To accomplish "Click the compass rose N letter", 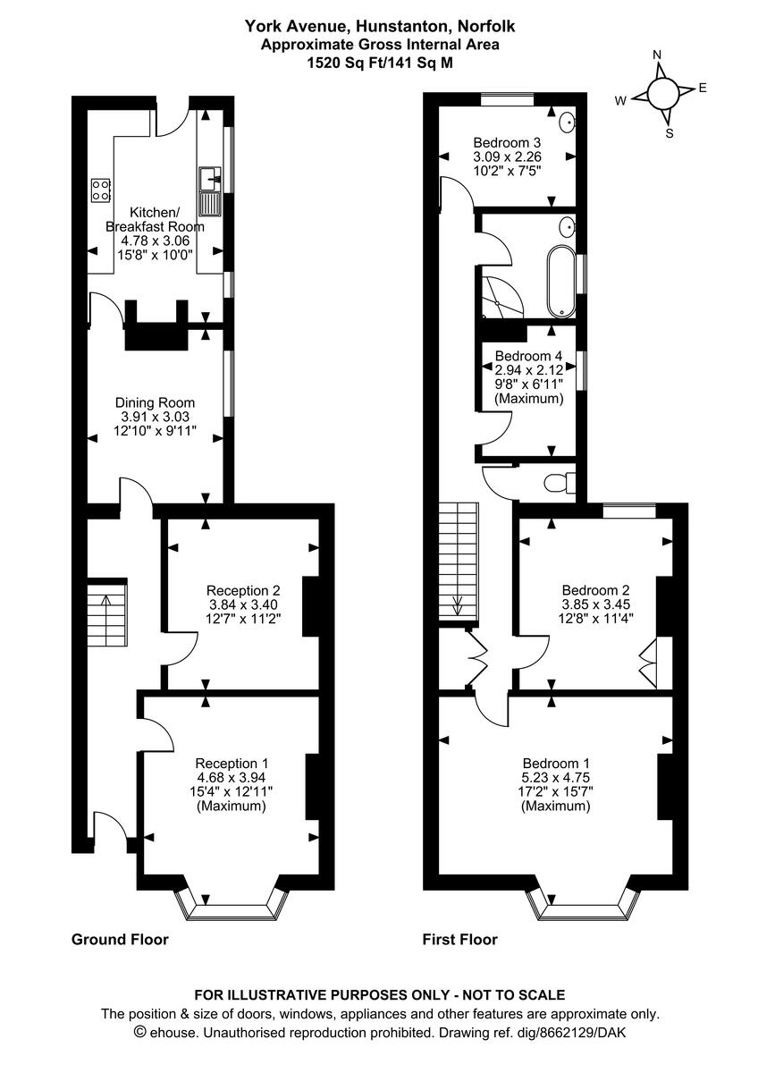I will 657,55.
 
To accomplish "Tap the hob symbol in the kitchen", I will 100,190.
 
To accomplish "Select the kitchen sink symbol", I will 211,192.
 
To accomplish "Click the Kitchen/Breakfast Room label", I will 155,219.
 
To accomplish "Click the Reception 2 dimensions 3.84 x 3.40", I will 243,605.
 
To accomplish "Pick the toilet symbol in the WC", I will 558,483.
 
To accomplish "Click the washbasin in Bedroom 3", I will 568,123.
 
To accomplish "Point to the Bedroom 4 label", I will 529,356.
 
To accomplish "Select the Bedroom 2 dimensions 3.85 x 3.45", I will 595,605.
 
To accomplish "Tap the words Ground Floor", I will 120,939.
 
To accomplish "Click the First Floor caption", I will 460,939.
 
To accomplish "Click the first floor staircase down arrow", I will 458,605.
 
